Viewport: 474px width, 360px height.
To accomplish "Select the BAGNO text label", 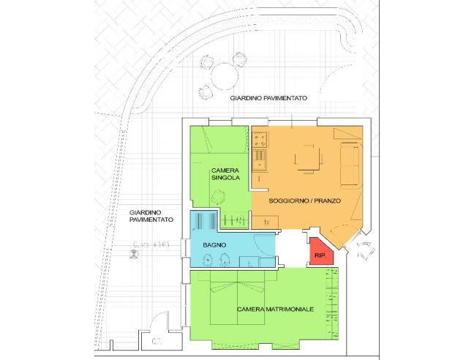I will [214, 244].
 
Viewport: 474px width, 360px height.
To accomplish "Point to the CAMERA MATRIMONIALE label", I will [276, 310].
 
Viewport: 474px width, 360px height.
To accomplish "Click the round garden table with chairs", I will [220, 75].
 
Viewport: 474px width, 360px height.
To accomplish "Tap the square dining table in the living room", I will [305, 157].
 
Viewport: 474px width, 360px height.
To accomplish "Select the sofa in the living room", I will [350, 162].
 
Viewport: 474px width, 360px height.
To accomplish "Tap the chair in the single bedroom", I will [219, 196].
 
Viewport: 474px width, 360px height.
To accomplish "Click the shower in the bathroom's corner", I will [205, 220].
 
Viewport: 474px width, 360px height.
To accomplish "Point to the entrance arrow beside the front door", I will [363, 251].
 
